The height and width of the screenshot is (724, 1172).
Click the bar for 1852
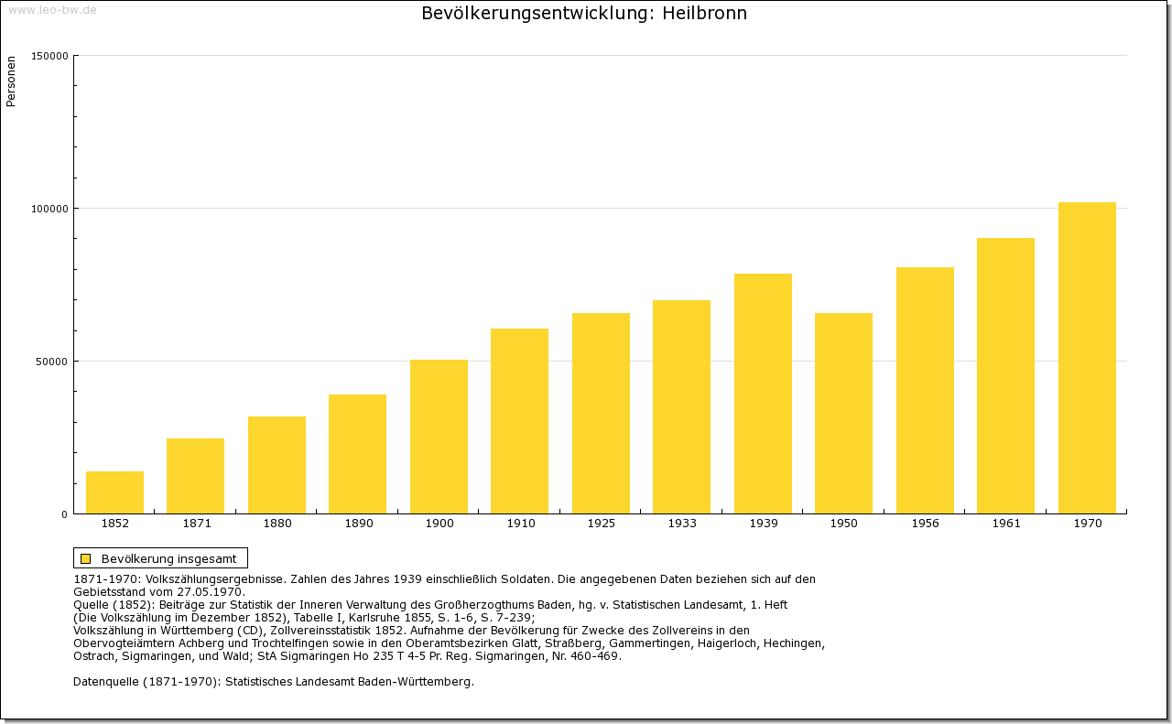(114, 492)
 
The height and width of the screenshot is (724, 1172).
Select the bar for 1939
(763, 394)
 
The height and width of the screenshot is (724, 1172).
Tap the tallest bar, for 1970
(1087, 358)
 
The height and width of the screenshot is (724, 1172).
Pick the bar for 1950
(843, 413)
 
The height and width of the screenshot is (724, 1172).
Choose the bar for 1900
(439, 437)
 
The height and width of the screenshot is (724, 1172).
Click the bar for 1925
(601, 413)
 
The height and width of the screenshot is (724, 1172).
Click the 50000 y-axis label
(52, 362)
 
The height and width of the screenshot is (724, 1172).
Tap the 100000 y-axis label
(49, 209)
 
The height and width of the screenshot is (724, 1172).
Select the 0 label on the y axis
(64, 514)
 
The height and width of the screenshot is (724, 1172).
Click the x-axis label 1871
(196, 524)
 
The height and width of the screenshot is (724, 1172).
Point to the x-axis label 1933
(681, 524)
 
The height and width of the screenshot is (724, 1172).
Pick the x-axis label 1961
(1005, 524)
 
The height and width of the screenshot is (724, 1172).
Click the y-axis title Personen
(11, 81)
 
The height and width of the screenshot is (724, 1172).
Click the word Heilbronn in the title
(705, 14)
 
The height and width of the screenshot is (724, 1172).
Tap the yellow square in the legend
(85, 558)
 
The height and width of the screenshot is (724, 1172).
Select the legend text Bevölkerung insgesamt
(168, 558)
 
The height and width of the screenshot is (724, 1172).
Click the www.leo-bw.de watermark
(52, 10)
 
